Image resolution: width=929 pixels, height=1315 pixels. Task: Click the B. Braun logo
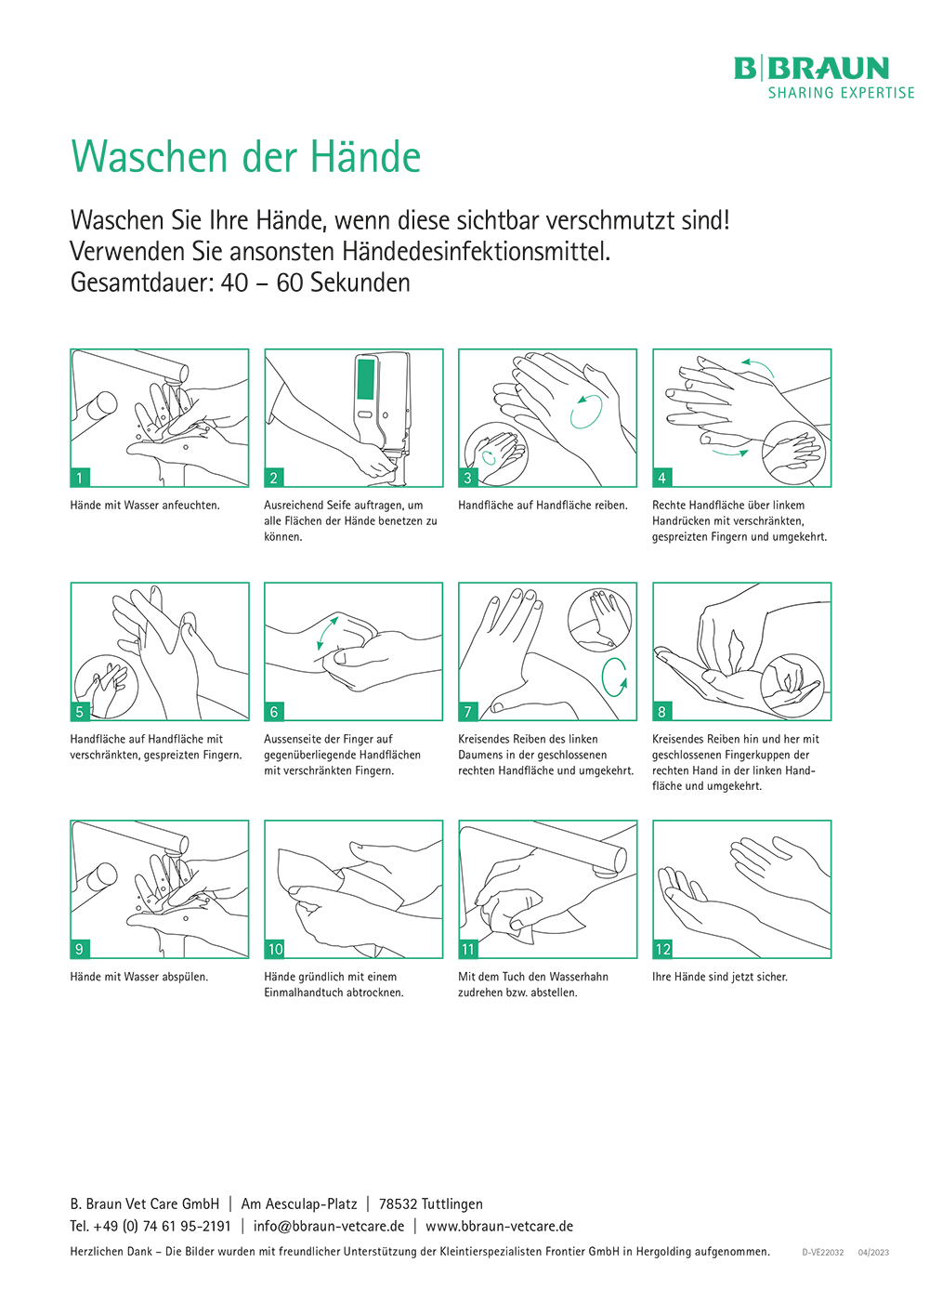coord(824,77)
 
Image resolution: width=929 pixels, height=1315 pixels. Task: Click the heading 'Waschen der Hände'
coord(246,157)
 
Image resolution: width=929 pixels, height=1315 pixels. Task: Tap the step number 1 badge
coord(79,478)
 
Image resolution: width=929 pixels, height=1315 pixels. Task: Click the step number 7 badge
coord(467,712)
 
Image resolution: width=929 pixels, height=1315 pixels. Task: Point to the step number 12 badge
coord(663,949)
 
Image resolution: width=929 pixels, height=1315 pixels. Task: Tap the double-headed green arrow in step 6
coord(327,633)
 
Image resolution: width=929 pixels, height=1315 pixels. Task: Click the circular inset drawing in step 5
coord(106,686)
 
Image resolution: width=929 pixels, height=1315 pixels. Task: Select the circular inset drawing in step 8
coord(792,686)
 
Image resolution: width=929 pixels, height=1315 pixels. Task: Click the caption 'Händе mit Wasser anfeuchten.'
coord(145,505)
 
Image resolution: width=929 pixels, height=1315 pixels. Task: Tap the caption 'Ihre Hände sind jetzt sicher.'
coord(719,977)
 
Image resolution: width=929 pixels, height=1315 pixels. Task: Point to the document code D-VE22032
coord(823,1252)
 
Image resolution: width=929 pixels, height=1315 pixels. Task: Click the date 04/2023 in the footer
coord(873,1252)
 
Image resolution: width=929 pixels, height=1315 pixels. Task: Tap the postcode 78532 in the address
coord(398,1204)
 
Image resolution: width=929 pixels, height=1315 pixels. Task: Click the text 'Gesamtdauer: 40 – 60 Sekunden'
coord(240,283)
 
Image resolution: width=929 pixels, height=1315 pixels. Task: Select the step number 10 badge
coord(275,949)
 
